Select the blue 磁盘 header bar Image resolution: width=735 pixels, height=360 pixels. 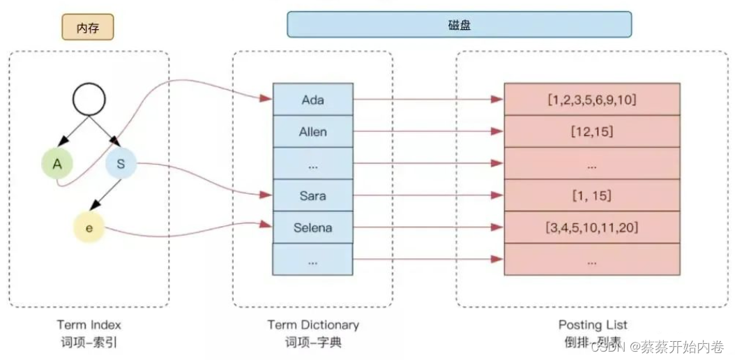(x=459, y=24)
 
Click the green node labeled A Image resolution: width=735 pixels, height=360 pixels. (x=58, y=164)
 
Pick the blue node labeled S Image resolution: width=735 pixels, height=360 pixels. (x=121, y=164)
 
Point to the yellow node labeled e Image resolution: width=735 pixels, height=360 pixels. (x=89, y=227)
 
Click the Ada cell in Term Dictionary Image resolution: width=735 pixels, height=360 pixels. (x=312, y=100)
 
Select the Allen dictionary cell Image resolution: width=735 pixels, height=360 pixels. (x=312, y=132)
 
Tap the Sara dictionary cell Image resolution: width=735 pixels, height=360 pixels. (x=312, y=195)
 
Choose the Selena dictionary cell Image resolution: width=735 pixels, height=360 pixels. (x=312, y=227)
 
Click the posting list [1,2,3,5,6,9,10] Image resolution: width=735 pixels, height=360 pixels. (x=591, y=100)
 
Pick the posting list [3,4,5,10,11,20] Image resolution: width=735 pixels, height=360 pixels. (x=591, y=227)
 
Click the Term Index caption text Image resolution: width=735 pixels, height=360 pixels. (x=89, y=324)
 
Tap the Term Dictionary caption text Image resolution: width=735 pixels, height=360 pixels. (x=313, y=324)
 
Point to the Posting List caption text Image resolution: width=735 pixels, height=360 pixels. (x=593, y=324)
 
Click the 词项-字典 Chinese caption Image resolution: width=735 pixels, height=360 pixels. (x=313, y=343)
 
